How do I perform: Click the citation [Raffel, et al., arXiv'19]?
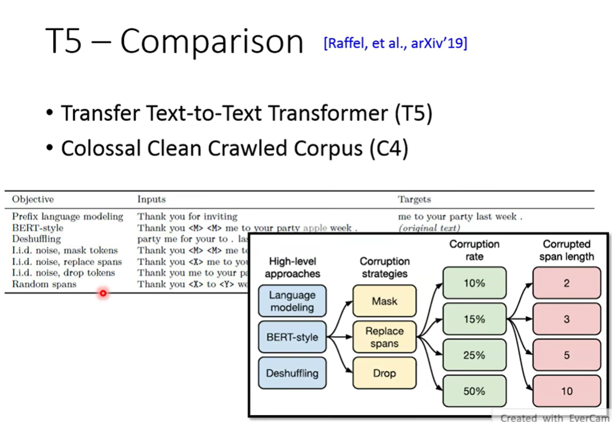tap(395, 43)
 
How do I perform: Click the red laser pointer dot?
tap(103, 293)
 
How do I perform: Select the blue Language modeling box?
tap(292, 301)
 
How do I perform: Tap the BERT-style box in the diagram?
tap(292, 337)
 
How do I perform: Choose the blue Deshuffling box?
tap(292, 373)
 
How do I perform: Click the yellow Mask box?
tap(385, 301)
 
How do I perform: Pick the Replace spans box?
tap(385, 337)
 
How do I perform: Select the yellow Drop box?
tap(385, 373)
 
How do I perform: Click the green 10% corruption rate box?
tap(474, 283)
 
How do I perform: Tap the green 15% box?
tap(474, 319)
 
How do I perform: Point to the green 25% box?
tap(474, 356)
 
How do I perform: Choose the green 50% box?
tap(474, 391)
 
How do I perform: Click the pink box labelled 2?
tap(567, 283)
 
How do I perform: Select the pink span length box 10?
tap(567, 391)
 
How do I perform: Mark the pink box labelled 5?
tap(567, 356)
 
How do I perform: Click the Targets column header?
tap(414, 199)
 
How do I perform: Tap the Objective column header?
tap(33, 199)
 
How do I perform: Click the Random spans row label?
tap(44, 284)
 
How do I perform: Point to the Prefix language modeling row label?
tap(67, 216)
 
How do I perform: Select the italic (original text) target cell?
tap(429, 228)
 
